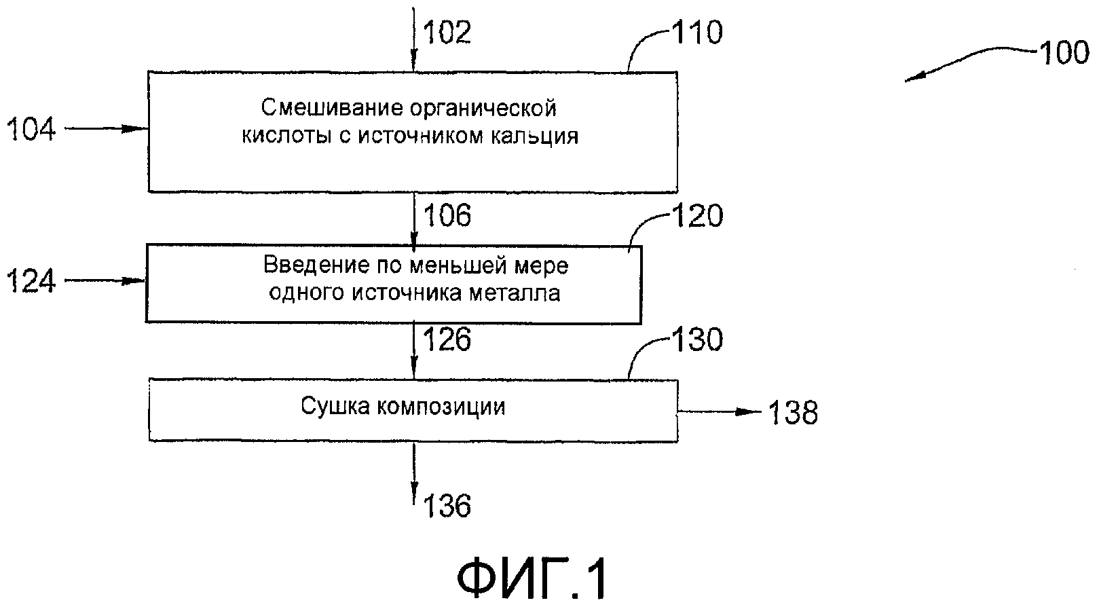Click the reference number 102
pos(447,32)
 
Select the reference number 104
pos(31,128)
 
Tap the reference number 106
pos(447,216)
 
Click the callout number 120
pos(696,217)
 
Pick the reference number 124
pos(31,281)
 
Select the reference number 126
pos(447,340)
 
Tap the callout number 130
pos(696,339)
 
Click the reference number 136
pos(447,506)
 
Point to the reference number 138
pos(793,412)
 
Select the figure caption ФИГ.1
pos(532,579)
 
